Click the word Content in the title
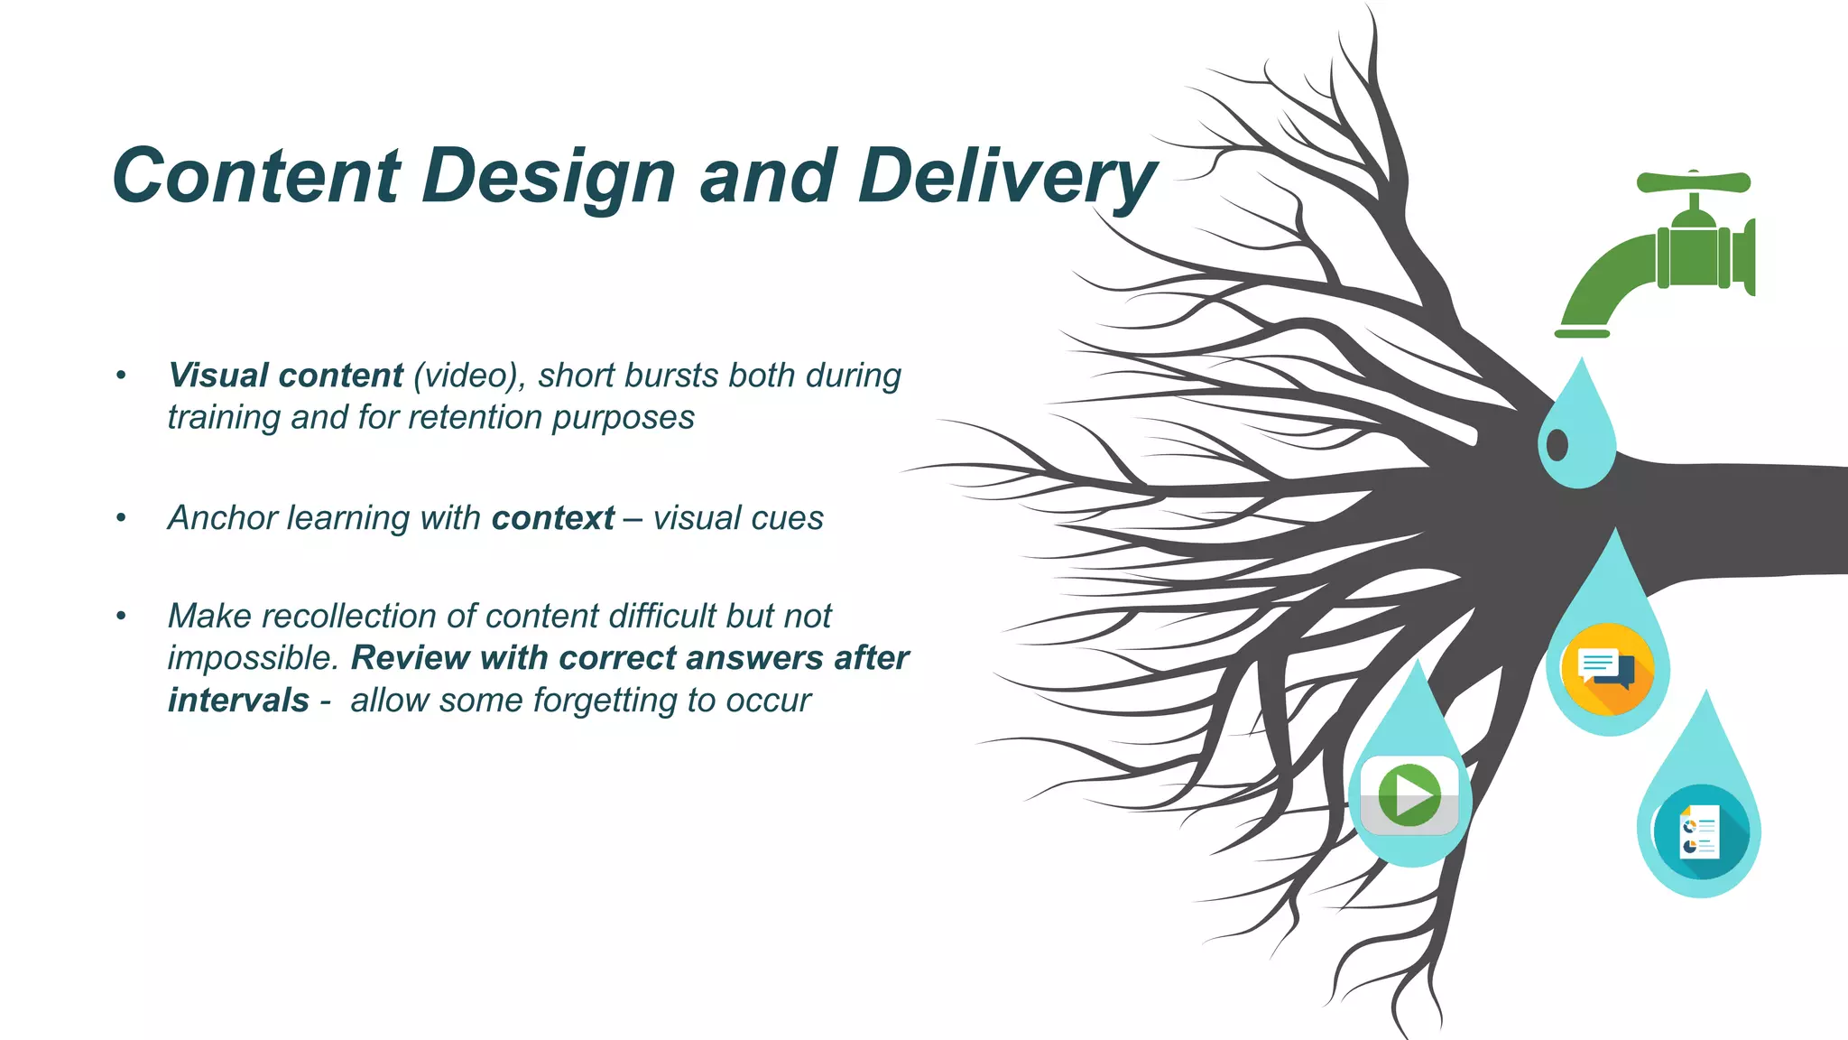[x=256, y=176]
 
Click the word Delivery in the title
[x=1006, y=176]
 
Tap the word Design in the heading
[x=548, y=176]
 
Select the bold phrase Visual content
[x=285, y=376]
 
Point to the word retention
[x=475, y=418]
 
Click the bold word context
[x=552, y=518]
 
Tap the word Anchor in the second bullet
[x=223, y=518]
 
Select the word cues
[x=791, y=518]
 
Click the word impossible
[x=252, y=658]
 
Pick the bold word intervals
[x=238, y=701]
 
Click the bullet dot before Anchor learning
[x=121, y=518]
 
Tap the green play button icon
[x=1409, y=795]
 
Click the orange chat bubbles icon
[x=1607, y=669]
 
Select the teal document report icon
[x=1700, y=831]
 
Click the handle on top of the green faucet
[x=1694, y=182]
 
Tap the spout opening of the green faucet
[x=1582, y=332]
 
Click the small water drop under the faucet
[x=1577, y=430]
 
